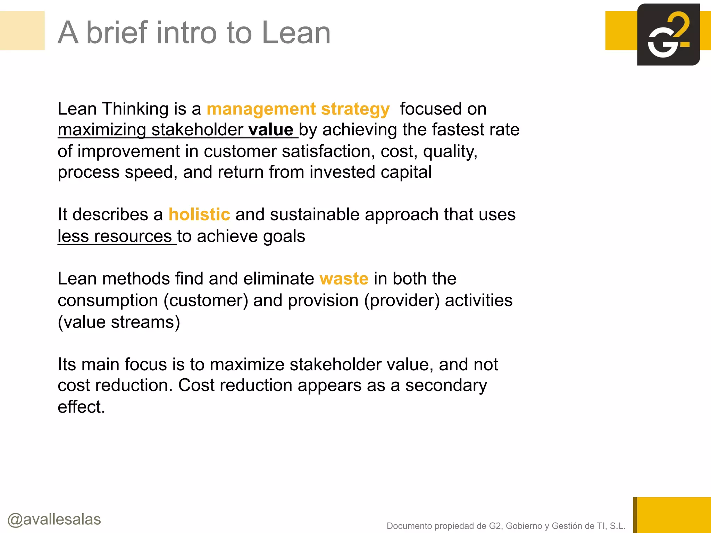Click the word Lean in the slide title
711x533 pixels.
(x=296, y=33)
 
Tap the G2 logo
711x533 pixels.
(x=668, y=35)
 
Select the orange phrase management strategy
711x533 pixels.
(x=298, y=109)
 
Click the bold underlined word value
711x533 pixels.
(x=271, y=130)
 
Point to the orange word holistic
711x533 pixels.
(x=199, y=214)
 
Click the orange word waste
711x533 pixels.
(x=344, y=279)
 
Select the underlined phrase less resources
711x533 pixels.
(x=115, y=237)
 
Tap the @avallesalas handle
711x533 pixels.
(x=54, y=519)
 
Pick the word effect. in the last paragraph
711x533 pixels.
(x=81, y=407)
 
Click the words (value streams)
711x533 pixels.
(x=119, y=322)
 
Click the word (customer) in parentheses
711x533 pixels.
(x=206, y=301)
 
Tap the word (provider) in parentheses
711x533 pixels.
(x=402, y=301)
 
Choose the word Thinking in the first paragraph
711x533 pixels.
(x=135, y=109)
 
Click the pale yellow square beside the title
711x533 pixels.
(x=22, y=31)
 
